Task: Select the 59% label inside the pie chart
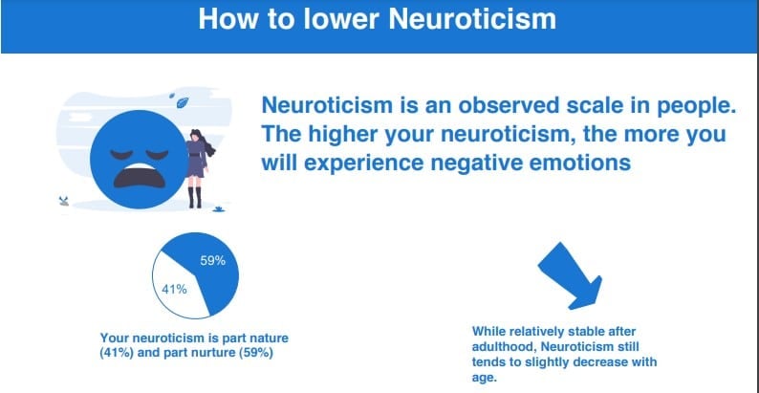click(x=213, y=261)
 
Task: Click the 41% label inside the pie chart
click(x=174, y=290)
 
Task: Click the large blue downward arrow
click(x=572, y=277)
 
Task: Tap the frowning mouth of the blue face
click(x=139, y=175)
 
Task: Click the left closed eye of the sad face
click(x=120, y=154)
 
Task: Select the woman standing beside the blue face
click(x=199, y=168)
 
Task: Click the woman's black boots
click(x=195, y=198)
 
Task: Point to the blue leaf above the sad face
click(x=183, y=101)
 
